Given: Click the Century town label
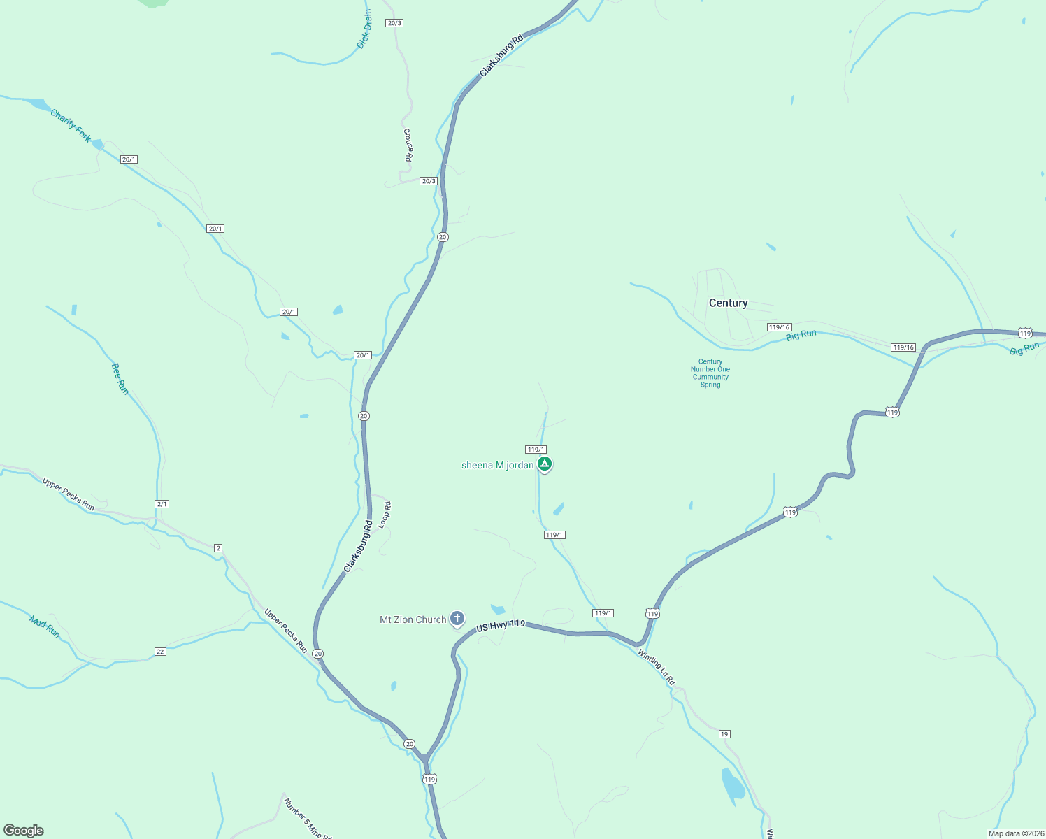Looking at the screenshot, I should tap(728, 303).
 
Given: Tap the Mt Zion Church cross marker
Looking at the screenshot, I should tap(457, 619).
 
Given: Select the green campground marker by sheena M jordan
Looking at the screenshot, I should tap(545, 464).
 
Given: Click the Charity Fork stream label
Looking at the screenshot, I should tap(71, 126).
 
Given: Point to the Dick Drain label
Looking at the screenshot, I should tap(364, 29).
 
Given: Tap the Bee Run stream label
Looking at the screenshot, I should tap(120, 378).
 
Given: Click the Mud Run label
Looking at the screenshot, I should tap(45, 626).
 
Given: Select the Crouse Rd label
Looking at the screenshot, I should tap(408, 145).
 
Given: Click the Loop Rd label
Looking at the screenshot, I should tap(385, 515).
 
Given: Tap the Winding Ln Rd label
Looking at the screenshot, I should tap(657, 667).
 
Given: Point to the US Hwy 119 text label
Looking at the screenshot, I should tap(501, 626).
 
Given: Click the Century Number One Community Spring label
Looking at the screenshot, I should tap(710, 373).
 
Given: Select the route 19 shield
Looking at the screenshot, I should tap(724, 734).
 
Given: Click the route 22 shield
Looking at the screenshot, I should tap(160, 652).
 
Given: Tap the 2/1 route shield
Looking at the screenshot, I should tap(162, 504).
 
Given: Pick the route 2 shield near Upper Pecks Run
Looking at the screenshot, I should tap(218, 548).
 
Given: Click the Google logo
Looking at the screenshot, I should tap(24, 831).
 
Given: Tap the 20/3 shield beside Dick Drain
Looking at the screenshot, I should tap(394, 23).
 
